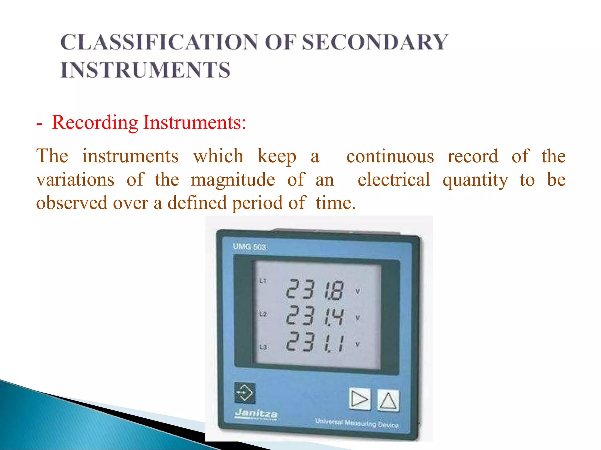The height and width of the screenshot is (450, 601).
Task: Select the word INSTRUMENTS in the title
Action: point(145,70)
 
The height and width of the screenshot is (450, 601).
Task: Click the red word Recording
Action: point(95,122)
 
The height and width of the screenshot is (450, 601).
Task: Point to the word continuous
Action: point(390,156)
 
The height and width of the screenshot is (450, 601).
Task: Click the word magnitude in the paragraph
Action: point(233,180)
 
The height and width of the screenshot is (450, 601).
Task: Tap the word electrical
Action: point(394,180)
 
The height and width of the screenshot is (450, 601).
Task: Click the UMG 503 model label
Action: point(249,247)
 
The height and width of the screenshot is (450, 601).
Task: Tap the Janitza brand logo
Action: point(256,414)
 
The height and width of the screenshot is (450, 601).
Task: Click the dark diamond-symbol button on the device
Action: point(245,393)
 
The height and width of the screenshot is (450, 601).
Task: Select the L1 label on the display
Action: point(263,281)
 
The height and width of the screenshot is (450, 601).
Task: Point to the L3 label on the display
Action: point(263,347)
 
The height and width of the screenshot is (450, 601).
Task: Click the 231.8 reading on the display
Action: point(315,289)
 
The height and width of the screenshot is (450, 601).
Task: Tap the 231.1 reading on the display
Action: point(315,342)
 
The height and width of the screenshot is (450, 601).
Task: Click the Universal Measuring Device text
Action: point(357,423)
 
